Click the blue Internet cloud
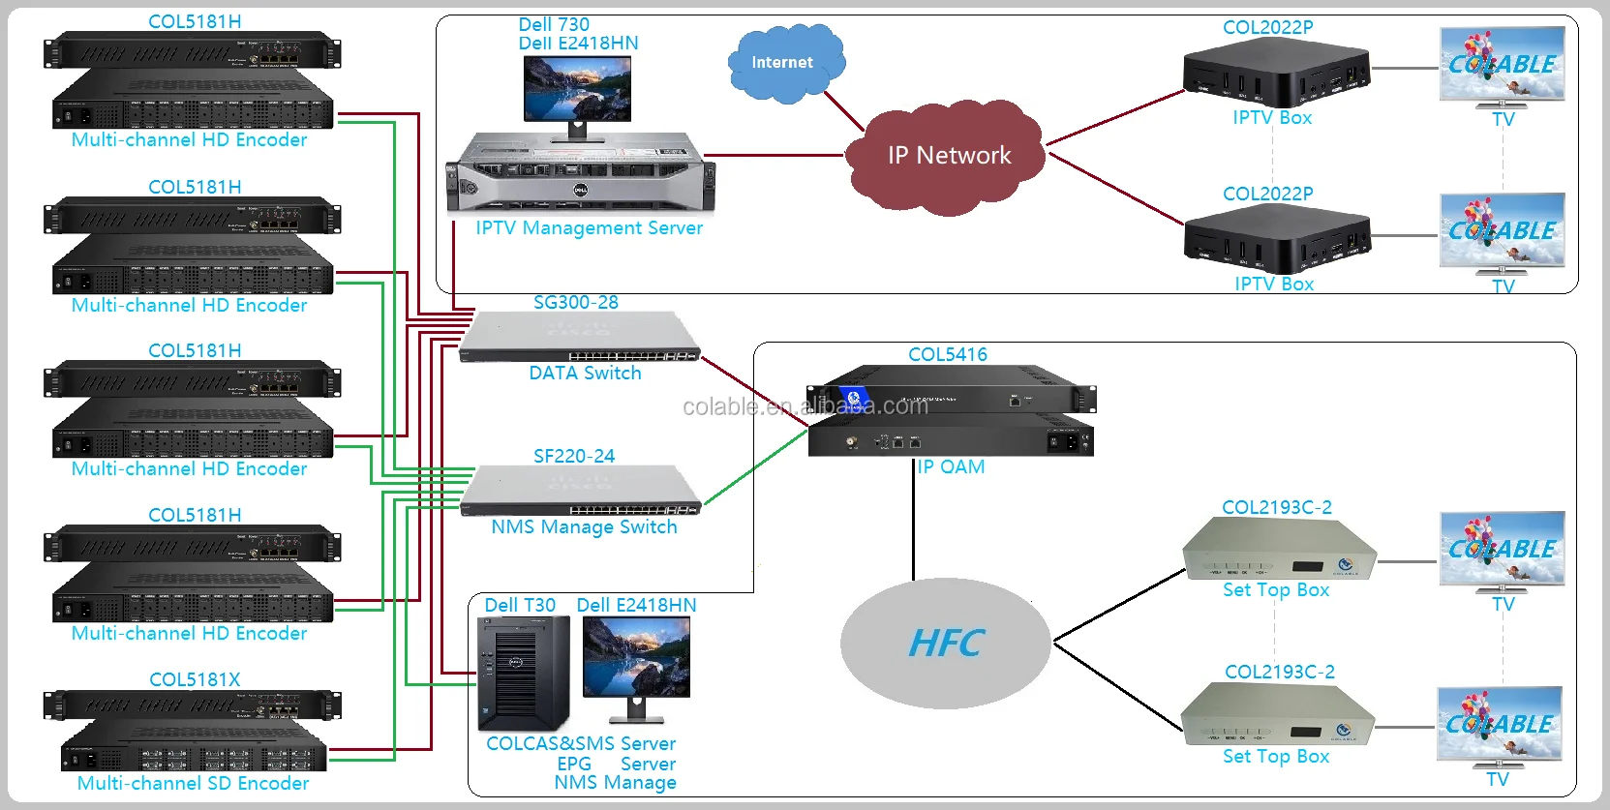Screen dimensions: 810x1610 pos(784,63)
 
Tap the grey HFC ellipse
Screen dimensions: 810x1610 pos(945,644)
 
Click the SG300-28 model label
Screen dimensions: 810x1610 pos(575,303)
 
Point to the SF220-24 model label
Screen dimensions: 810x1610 pos(573,456)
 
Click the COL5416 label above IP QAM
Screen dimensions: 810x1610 pos(947,355)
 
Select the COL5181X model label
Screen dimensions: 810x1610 pos(195,679)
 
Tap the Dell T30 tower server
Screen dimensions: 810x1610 pos(524,674)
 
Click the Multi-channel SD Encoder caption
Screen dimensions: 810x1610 pos(193,784)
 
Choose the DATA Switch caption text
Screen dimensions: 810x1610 pos(585,374)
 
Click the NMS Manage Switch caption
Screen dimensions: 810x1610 pos(584,527)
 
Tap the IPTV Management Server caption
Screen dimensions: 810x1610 pos(589,228)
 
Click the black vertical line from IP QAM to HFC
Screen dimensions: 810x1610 pos(913,523)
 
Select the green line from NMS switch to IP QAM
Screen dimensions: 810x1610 pos(755,467)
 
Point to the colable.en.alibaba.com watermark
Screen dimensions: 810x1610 pos(805,406)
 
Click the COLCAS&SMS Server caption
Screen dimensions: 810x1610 pos(581,744)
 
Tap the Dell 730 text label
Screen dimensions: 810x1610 pos(553,24)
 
